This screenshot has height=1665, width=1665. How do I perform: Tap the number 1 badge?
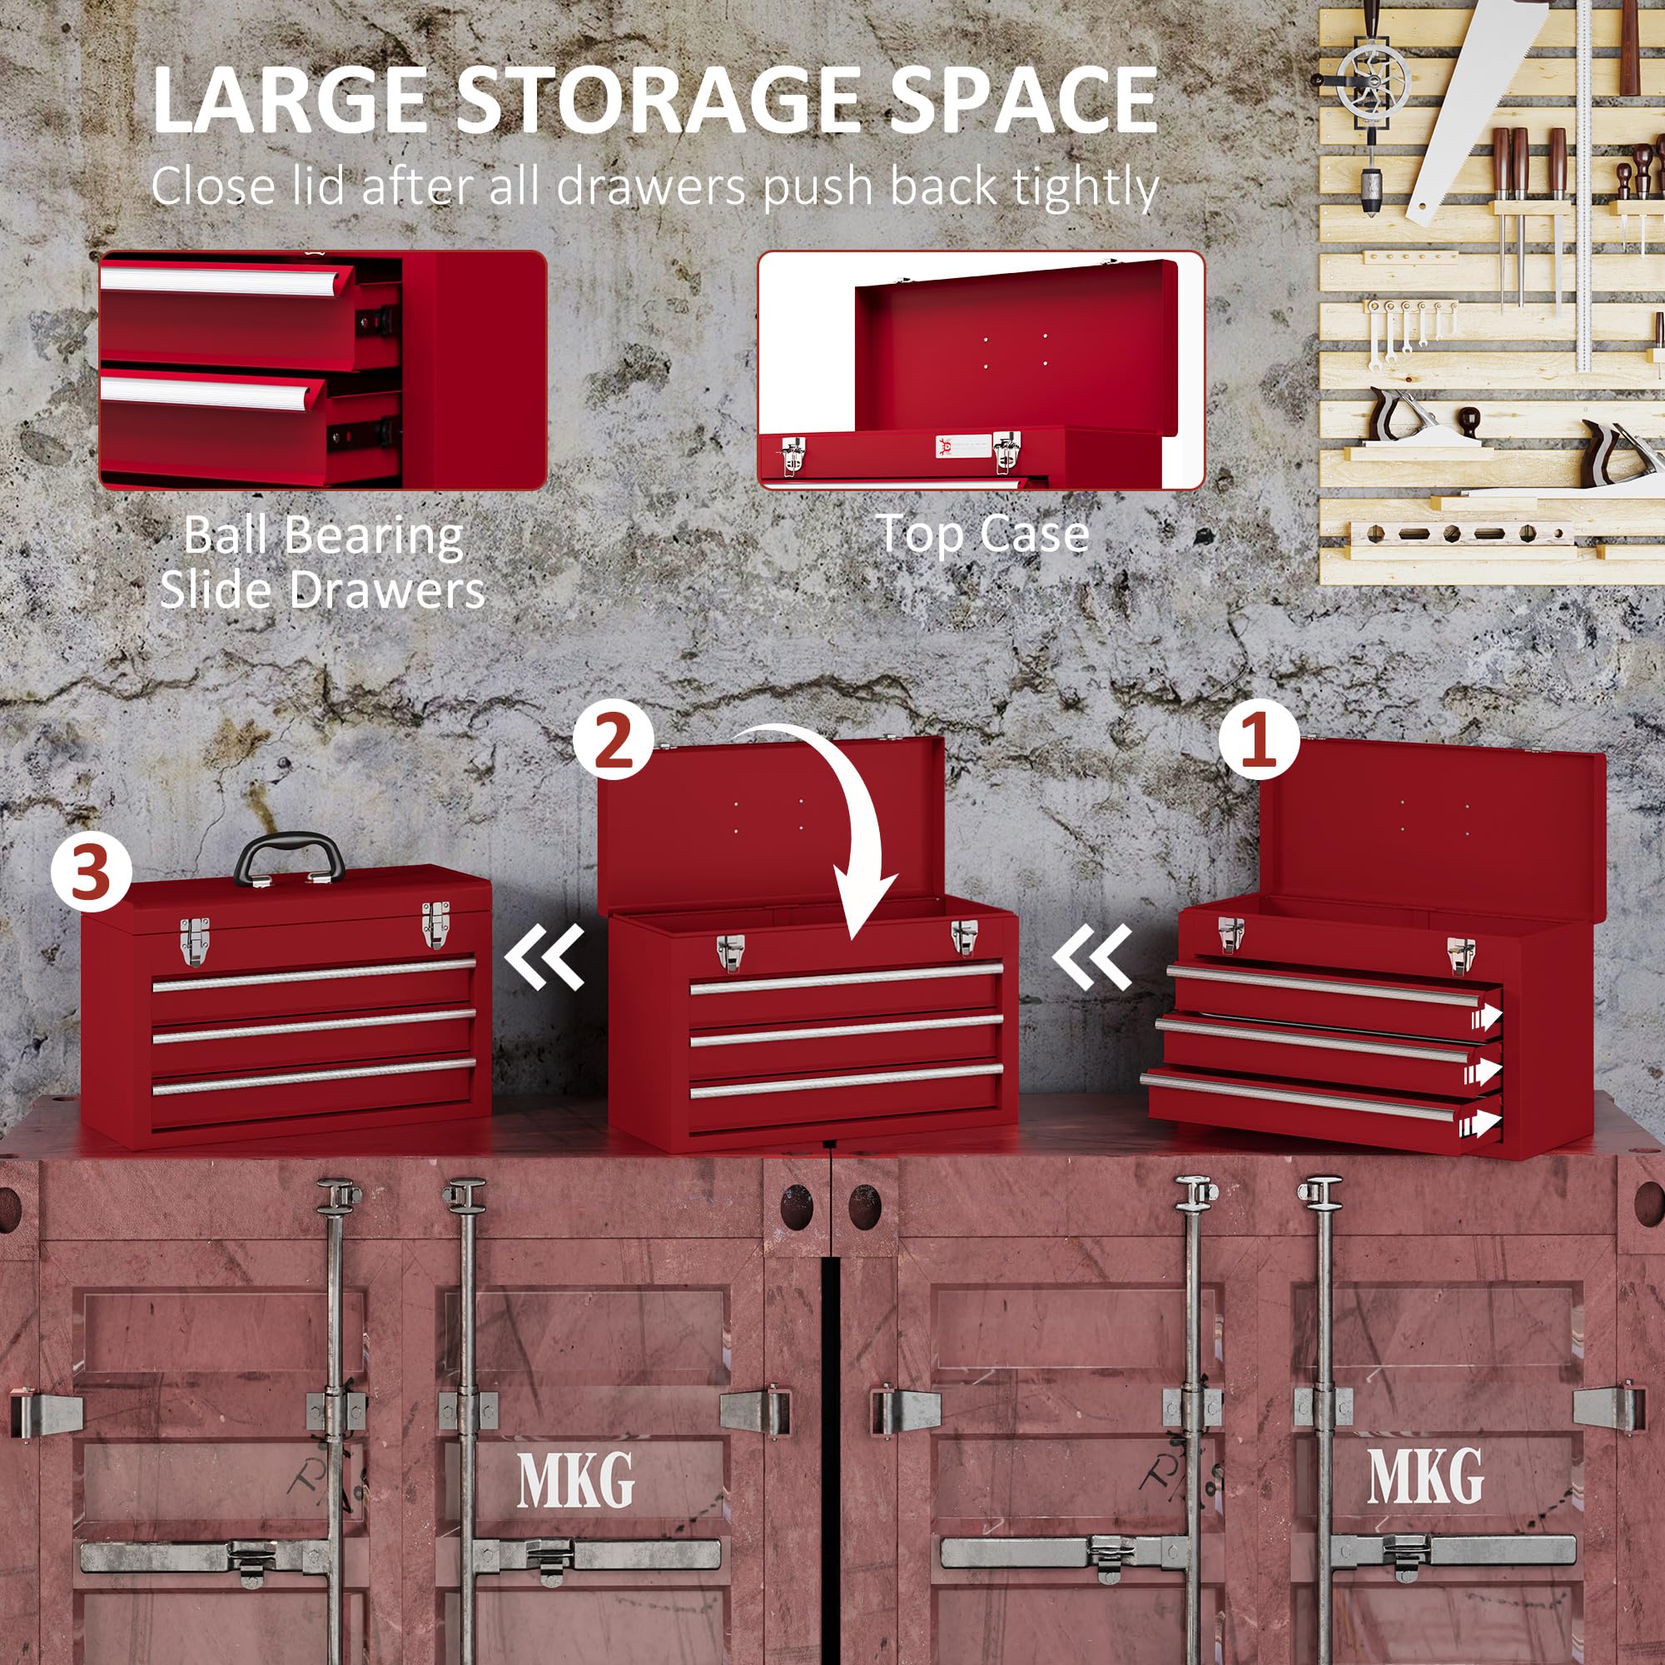(x=1257, y=740)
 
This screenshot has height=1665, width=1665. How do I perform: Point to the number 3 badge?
(x=91, y=872)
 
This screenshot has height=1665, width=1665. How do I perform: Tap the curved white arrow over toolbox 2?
(x=840, y=828)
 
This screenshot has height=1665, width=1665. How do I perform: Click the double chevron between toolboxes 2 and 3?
(x=545, y=956)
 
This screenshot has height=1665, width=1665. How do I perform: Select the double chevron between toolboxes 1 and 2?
(x=1093, y=956)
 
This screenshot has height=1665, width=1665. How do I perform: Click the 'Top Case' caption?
(x=983, y=534)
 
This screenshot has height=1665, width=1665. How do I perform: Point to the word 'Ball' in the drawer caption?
(x=224, y=535)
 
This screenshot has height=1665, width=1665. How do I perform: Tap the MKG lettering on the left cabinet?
(x=576, y=1479)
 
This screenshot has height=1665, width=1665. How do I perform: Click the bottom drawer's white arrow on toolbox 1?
(x=1486, y=1123)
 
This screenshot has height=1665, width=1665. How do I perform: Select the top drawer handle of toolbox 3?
(x=314, y=974)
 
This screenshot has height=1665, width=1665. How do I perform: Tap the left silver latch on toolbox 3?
(x=194, y=940)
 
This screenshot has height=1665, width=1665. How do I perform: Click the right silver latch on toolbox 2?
(x=964, y=936)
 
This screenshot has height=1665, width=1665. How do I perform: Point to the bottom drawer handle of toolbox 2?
(x=846, y=1081)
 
